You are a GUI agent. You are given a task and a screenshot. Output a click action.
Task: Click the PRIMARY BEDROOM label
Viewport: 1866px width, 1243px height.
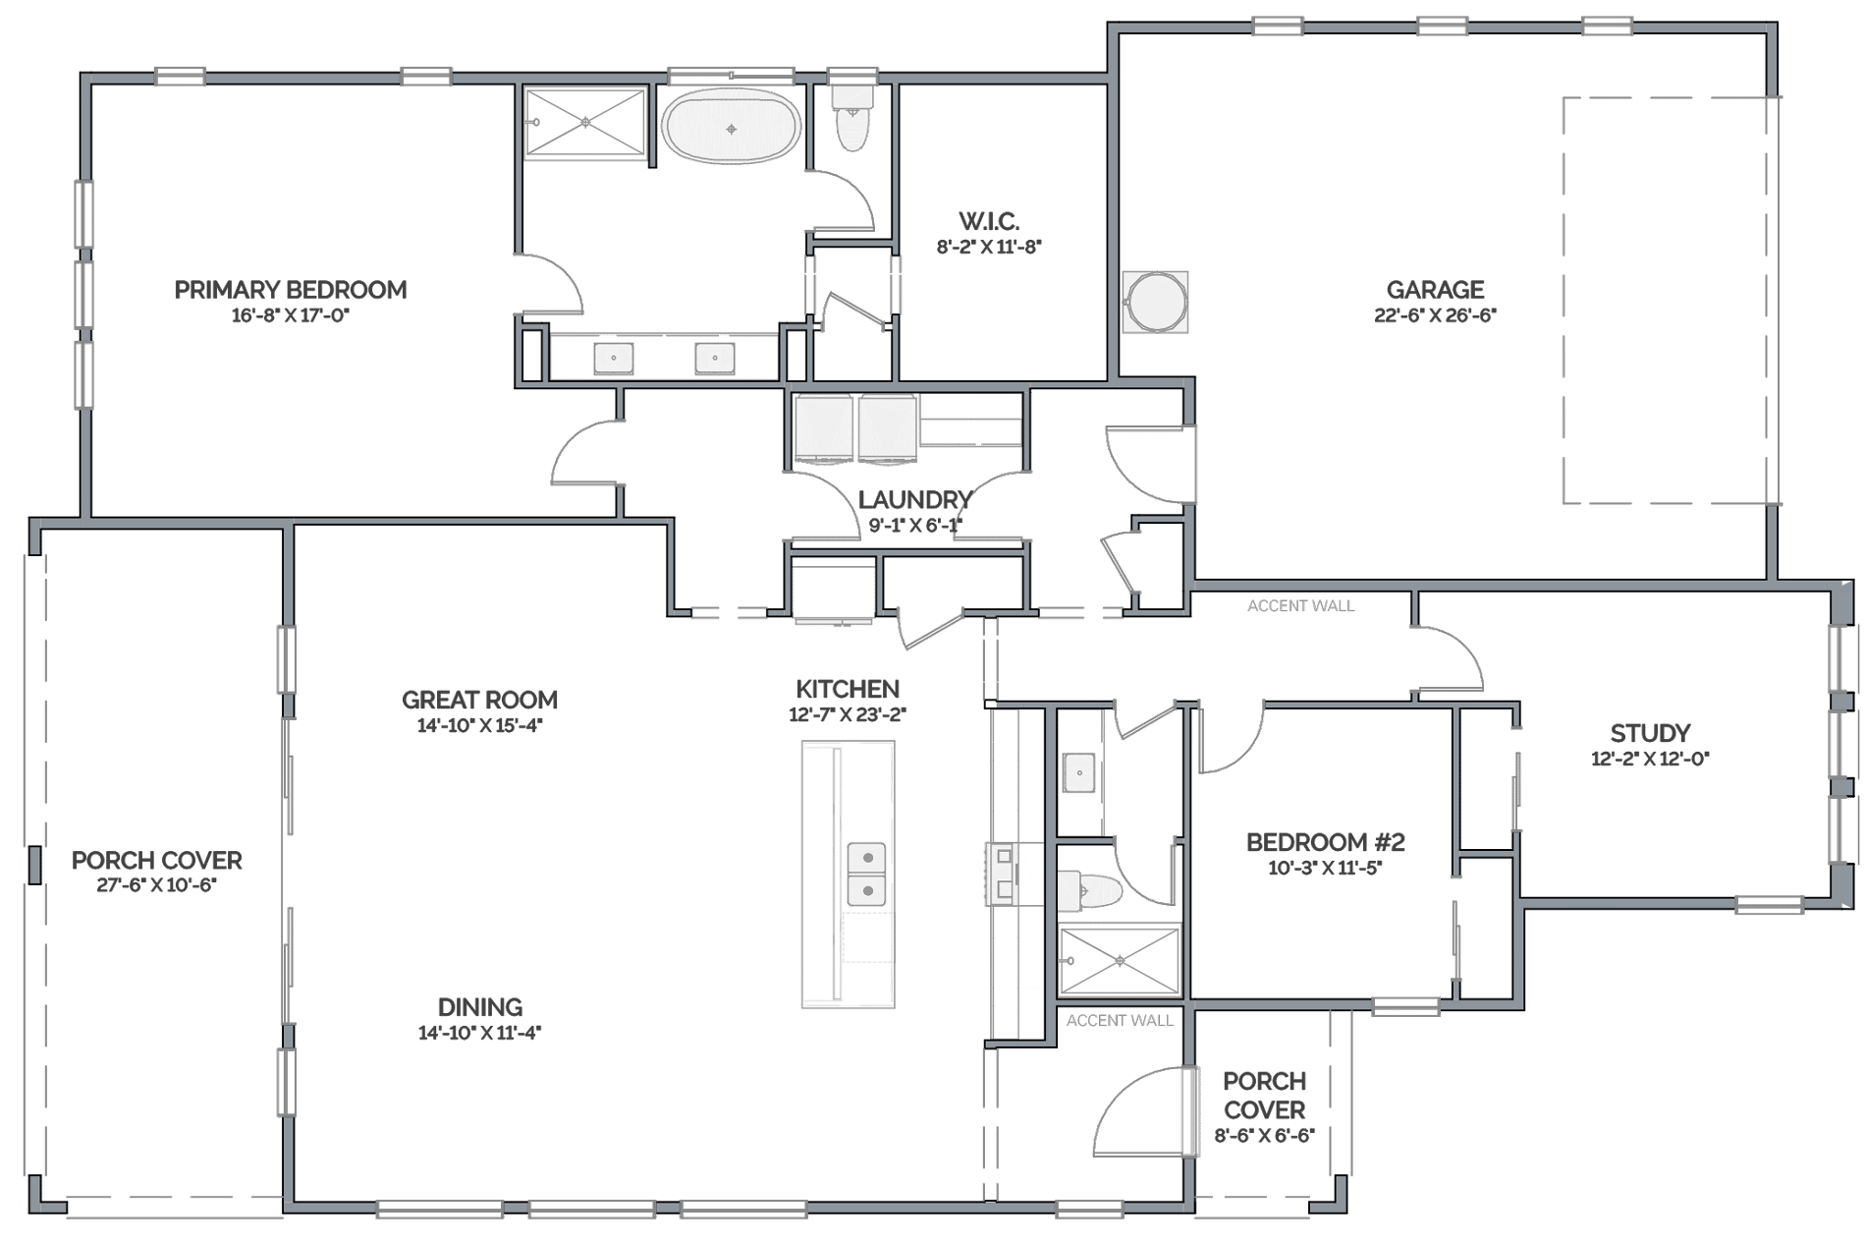291,290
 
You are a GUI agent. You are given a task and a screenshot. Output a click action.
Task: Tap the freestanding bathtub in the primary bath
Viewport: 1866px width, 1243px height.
731,126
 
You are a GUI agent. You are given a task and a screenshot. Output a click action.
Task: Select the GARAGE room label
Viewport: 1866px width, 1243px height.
1435,290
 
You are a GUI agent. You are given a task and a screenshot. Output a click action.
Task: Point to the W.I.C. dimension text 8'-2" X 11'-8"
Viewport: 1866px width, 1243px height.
988,247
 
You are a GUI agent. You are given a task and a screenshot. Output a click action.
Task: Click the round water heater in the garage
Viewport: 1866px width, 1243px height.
1155,302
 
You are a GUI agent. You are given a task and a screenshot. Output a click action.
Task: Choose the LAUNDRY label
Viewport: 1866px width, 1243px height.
915,499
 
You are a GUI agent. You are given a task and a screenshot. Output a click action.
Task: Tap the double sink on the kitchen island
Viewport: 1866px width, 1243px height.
867,874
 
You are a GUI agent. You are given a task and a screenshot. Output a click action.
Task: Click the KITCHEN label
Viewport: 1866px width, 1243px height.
848,689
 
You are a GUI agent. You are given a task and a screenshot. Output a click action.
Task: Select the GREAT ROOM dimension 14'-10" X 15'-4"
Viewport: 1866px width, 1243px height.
479,726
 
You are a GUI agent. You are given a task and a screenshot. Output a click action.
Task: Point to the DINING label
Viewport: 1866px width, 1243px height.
479,1007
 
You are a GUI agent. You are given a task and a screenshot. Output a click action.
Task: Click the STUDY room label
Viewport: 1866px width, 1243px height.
1650,733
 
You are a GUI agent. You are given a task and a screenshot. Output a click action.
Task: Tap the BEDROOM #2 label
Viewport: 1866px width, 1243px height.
1325,842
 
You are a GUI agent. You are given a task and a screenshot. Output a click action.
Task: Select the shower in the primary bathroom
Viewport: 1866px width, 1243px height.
585,122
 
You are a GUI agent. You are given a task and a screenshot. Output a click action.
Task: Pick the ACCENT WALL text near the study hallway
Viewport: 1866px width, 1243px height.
1300,606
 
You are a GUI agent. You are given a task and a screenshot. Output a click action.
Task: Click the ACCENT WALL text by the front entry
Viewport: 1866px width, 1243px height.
1120,1021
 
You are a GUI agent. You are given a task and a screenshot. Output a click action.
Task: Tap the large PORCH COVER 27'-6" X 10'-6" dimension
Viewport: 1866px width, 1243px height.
157,885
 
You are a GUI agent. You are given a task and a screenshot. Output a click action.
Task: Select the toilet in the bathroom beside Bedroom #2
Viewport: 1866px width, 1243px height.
1090,891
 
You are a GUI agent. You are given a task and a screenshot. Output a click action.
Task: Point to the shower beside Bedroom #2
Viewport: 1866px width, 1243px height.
1120,961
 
